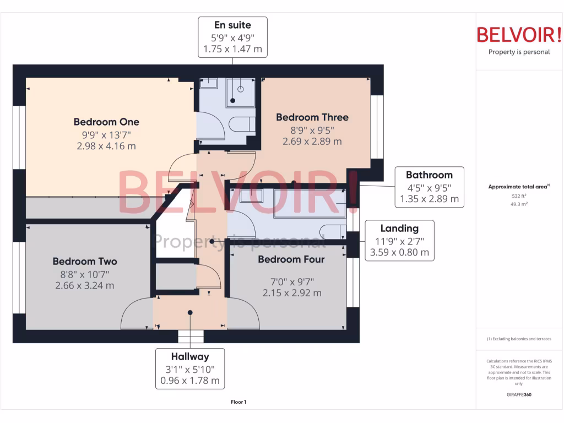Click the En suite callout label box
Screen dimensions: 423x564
232,37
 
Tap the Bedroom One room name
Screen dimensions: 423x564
106,122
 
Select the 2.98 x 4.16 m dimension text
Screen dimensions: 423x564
106,146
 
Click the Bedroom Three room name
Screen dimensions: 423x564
312,117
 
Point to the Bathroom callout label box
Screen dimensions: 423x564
429,187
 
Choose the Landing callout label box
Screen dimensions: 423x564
399,240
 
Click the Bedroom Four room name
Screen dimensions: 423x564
291,259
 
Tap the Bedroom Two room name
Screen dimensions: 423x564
85,261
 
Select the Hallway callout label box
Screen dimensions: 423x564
190,368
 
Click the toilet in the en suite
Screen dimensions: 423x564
241,124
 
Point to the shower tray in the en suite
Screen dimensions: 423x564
240,93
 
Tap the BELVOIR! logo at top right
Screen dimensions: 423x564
518,35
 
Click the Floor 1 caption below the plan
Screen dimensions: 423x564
238,402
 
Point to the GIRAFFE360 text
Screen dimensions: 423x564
519,394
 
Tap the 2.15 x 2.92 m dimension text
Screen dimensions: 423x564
292,293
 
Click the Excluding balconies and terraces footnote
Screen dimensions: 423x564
519,339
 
